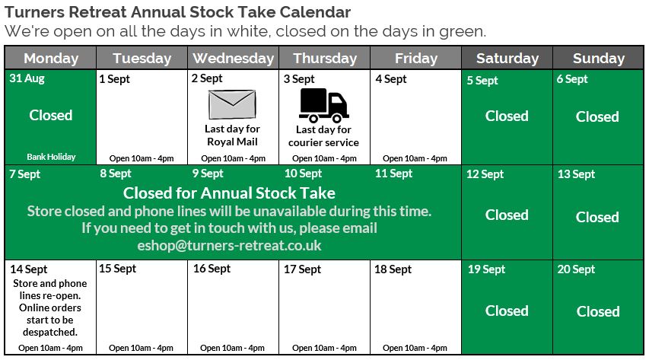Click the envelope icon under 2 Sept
coord(232,104)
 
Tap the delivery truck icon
coord(323,105)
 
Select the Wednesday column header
coord(234,59)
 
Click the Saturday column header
coord(507,59)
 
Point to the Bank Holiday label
coord(51,157)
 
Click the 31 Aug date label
coord(27,78)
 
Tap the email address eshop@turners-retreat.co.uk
coord(229,245)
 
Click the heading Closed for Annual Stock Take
coord(229,193)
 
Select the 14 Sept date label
coord(29,269)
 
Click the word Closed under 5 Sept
coord(507,116)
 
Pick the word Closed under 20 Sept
coord(598,311)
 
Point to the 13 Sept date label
coord(576,174)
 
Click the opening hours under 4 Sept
coord(415,158)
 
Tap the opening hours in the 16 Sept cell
coord(232,348)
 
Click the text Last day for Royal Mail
coord(232,135)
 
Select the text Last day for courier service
coord(323,136)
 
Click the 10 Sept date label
coord(303,174)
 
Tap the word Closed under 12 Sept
coord(507,215)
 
